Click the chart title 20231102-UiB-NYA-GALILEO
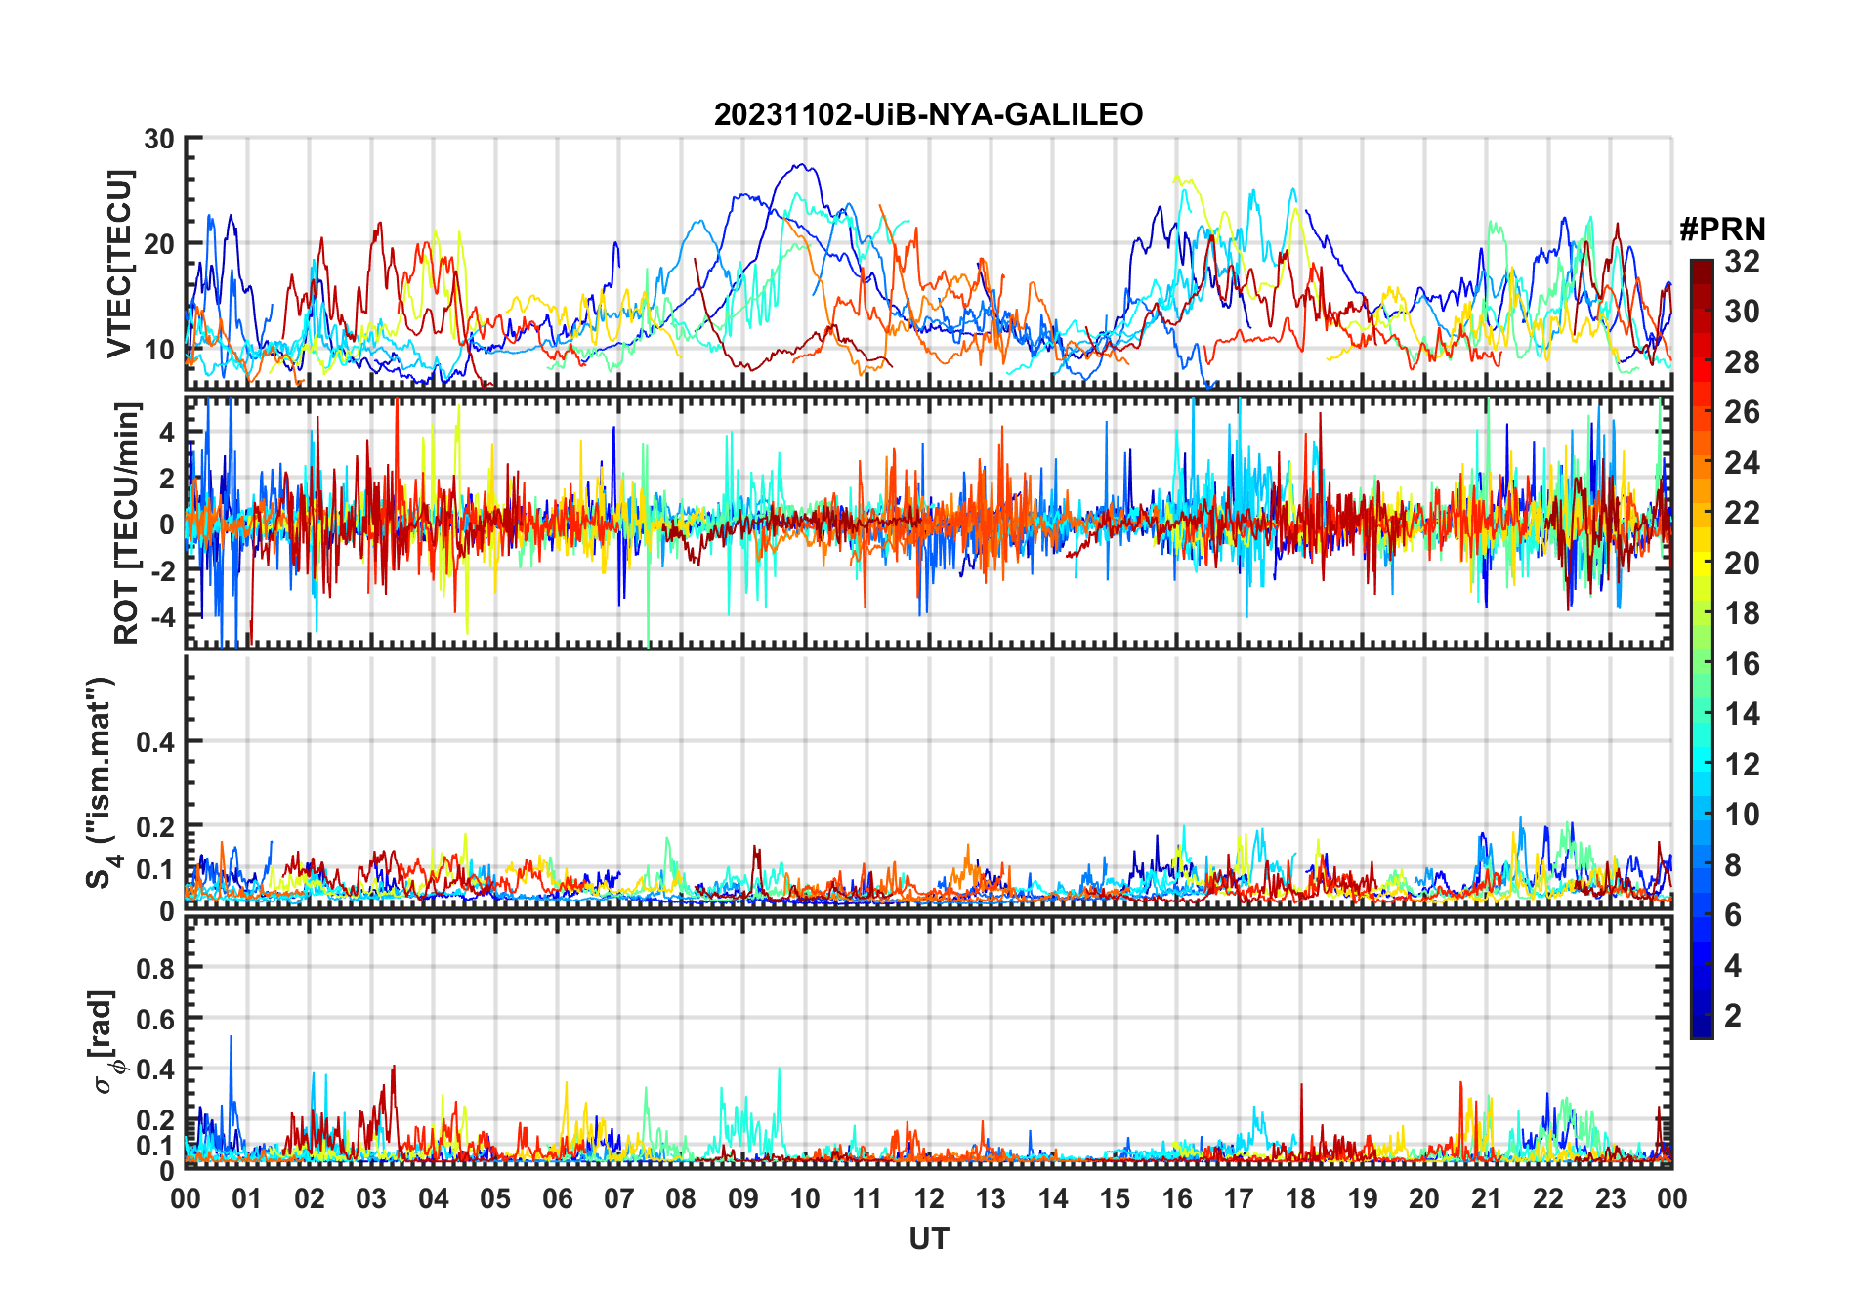click(928, 115)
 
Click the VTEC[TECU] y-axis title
click(119, 264)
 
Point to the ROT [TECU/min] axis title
click(127, 523)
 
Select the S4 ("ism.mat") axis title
click(102, 782)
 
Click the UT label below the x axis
click(928, 1238)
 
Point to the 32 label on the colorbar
click(1742, 262)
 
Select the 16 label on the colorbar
click(1742, 664)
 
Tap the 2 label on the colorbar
click(1733, 1016)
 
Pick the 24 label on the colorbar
click(1742, 463)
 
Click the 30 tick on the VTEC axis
click(159, 139)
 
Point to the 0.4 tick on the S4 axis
click(155, 741)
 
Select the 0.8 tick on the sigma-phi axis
click(155, 968)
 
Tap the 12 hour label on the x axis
click(928, 1198)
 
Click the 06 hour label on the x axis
click(557, 1198)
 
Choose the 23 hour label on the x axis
click(1610, 1198)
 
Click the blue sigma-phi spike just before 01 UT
click(231, 1037)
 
